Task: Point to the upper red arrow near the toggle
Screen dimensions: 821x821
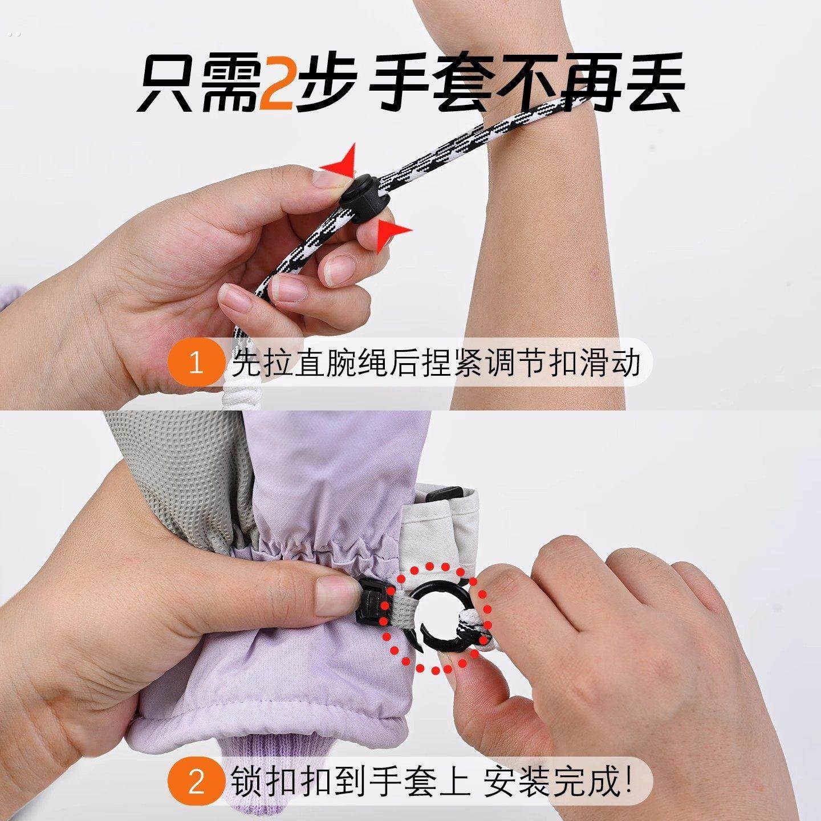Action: click(342, 160)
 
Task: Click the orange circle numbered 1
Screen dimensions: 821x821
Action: click(196, 364)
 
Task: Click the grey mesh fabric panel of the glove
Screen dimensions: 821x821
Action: click(188, 456)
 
